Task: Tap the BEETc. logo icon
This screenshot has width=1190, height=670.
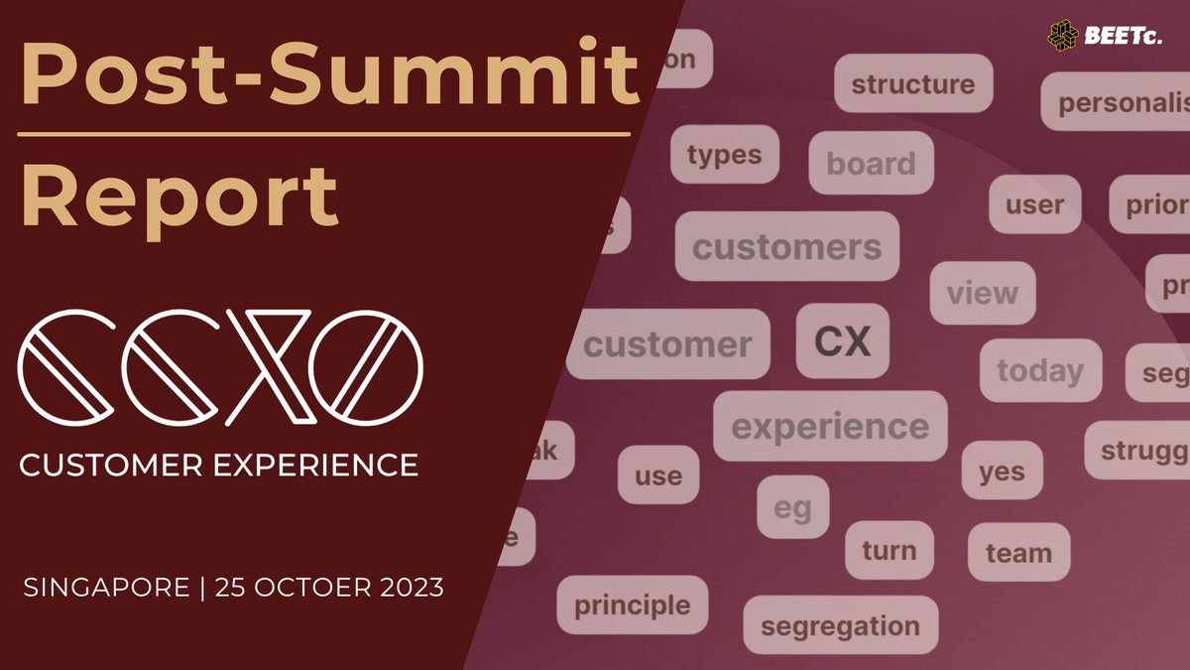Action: point(1066,35)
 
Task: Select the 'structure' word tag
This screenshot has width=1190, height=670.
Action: point(912,84)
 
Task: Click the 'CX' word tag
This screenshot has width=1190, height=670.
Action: point(843,341)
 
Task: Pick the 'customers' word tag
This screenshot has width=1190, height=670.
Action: point(786,246)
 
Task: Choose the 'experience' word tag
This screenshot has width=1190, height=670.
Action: point(830,426)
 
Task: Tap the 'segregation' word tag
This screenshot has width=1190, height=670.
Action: point(840,625)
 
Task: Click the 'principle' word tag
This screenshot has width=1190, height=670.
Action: point(632,604)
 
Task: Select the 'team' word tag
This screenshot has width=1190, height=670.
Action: point(1018,553)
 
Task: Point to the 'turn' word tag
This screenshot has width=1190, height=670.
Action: point(889,550)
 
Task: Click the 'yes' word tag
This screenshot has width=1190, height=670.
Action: point(1002,470)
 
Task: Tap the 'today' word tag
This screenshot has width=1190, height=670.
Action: point(1040,370)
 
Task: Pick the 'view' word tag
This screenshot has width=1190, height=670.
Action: point(982,293)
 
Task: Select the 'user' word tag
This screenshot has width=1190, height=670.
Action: point(1034,204)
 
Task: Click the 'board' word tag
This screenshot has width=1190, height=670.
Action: point(871,163)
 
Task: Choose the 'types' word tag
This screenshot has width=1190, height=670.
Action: point(724,155)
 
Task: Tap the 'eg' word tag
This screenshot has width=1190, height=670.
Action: point(792,507)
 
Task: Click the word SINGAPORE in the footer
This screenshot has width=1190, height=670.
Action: point(105,588)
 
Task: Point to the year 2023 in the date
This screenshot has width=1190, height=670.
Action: point(408,588)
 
